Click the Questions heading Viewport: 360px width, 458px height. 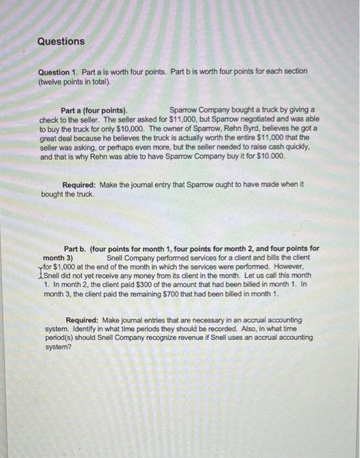click(x=61, y=41)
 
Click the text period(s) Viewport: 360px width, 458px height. click(x=60, y=338)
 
